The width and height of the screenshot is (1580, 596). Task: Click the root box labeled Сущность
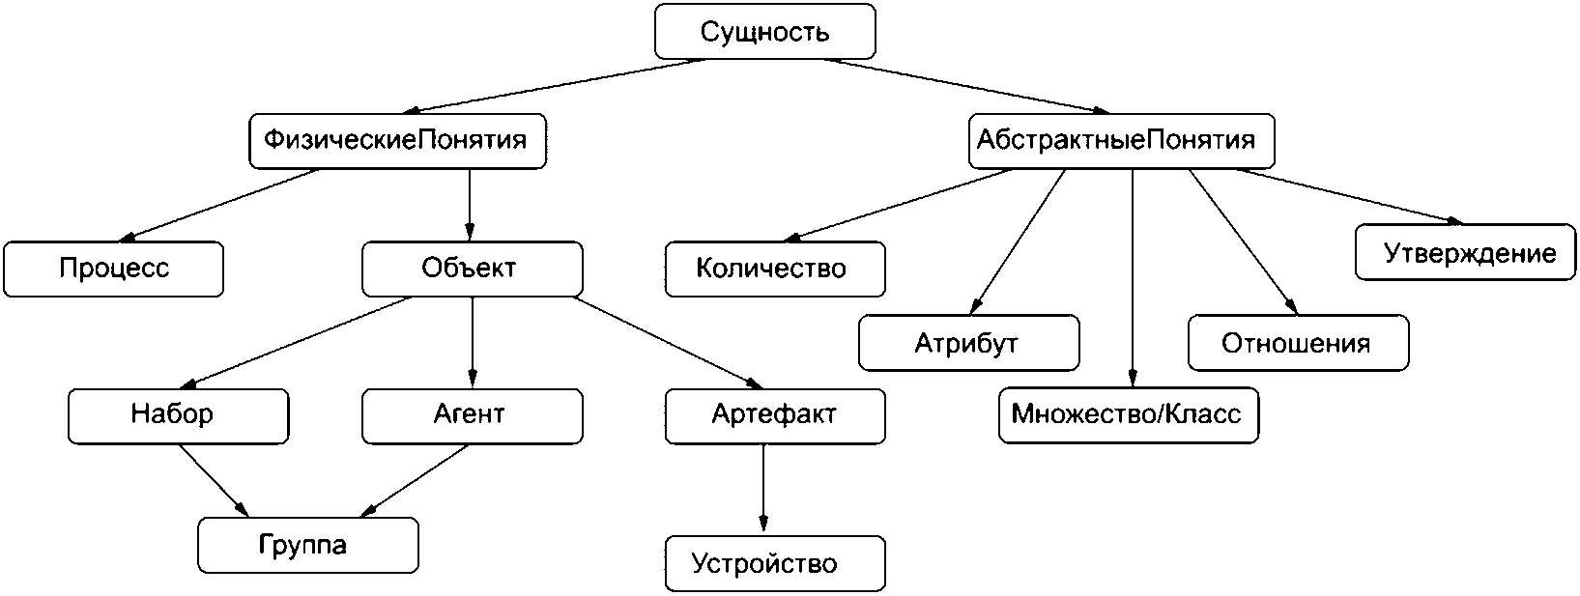click(x=764, y=32)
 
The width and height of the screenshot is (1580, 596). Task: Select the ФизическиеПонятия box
click(x=395, y=141)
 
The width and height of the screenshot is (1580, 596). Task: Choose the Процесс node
click(x=113, y=269)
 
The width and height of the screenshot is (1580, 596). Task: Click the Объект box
click(x=472, y=269)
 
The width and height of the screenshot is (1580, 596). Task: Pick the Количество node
click(x=774, y=269)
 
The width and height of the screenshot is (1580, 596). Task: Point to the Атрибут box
click(x=968, y=343)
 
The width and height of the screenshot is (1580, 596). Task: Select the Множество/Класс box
click(x=1128, y=415)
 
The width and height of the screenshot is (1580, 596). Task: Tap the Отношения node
click(x=1297, y=343)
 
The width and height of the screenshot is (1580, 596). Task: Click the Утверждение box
click(x=1465, y=253)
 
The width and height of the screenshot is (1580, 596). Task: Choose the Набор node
click(x=178, y=415)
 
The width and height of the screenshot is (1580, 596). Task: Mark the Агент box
click(x=472, y=415)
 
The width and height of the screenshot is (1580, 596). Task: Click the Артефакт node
click(x=774, y=415)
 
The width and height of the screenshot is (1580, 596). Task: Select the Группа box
click(x=307, y=546)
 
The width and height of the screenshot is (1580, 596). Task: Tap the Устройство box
click(x=774, y=563)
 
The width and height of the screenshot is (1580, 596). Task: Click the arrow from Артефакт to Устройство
click(x=763, y=489)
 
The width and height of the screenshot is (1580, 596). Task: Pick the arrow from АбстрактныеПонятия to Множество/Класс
click(x=1132, y=280)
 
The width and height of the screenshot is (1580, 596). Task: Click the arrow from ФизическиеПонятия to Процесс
click(x=222, y=204)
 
